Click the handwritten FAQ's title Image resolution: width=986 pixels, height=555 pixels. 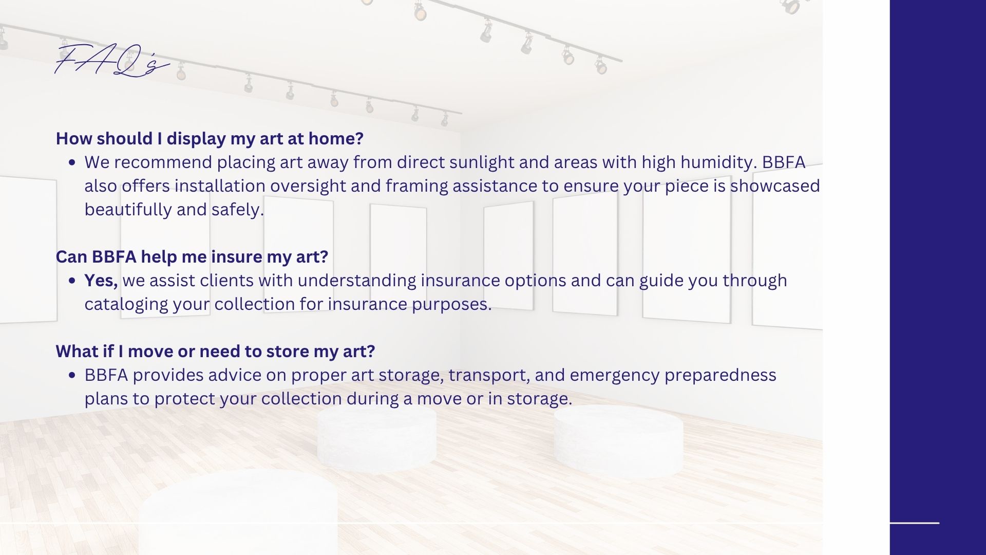coord(112,61)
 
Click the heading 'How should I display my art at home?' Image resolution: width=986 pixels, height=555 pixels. coord(210,139)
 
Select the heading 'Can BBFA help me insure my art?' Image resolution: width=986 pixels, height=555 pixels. coord(192,257)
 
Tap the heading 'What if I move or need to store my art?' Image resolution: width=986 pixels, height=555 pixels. coord(215,351)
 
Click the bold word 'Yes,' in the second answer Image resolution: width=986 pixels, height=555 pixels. coord(101,281)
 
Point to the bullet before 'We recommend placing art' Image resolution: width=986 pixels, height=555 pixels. coord(72,163)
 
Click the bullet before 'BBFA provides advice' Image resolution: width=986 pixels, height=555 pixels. coord(72,376)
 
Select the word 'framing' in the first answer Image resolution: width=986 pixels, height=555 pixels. coord(416,186)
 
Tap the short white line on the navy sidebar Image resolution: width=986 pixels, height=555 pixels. coord(914,523)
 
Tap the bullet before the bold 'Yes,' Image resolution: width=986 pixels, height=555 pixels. coord(72,281)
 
